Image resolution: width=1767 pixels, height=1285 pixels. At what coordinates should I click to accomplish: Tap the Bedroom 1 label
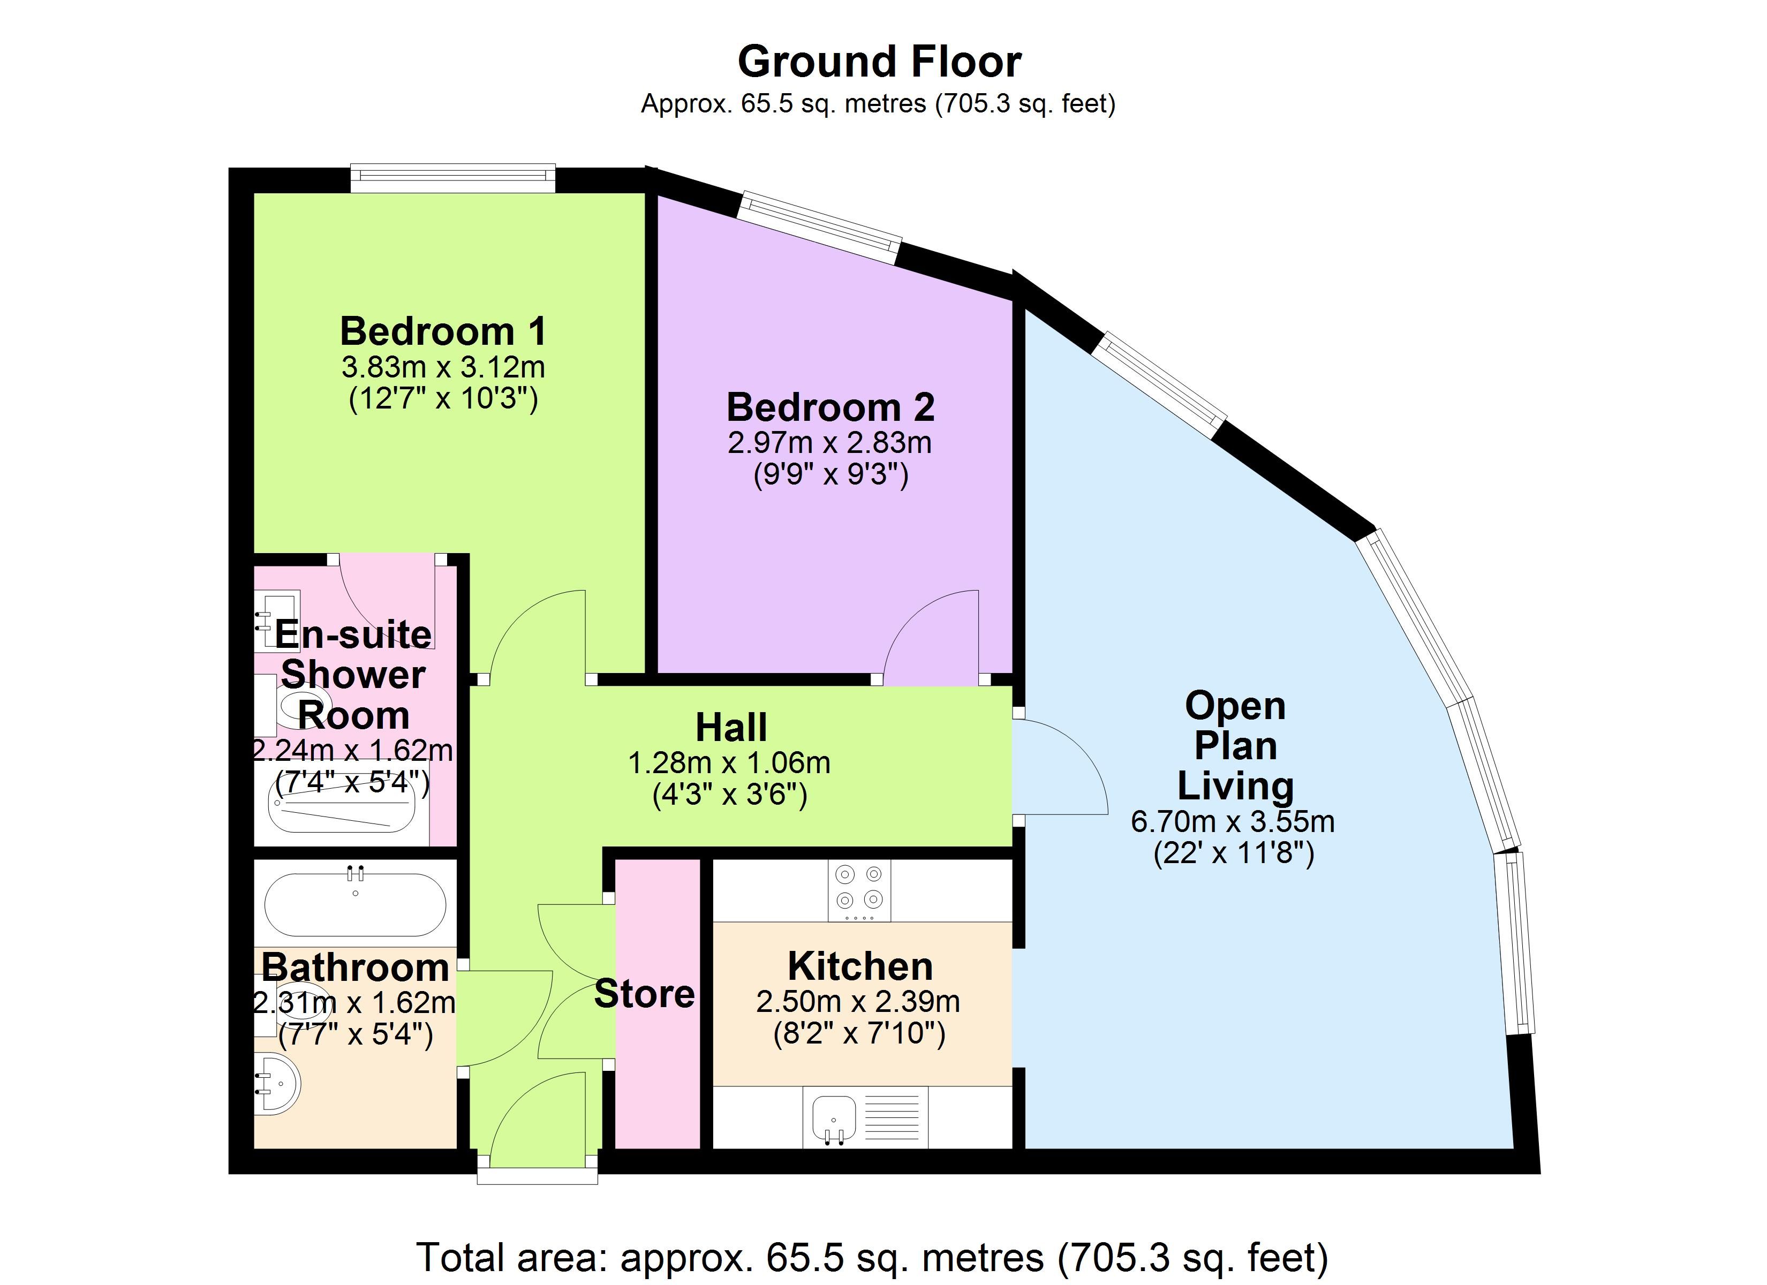click(x=443, y=331)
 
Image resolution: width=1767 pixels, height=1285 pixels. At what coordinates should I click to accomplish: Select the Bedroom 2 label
click(x=830, y=407)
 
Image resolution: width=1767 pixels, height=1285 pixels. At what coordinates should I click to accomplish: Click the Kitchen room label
click(x=860, y=966)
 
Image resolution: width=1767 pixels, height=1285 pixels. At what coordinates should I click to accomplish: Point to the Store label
click(x=644, y=994)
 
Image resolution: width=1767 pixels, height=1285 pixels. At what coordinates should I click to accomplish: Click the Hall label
click(x=731, y=727)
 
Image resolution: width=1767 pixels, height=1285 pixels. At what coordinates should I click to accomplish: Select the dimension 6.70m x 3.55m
click(x=1233, y=821)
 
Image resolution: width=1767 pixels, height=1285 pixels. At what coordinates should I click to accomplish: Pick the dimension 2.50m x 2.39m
click(x=858, y=1001)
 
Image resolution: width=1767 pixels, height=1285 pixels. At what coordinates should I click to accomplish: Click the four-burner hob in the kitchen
click(x=859, y=890)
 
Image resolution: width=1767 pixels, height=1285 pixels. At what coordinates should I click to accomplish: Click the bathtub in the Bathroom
click(x=355, y=903)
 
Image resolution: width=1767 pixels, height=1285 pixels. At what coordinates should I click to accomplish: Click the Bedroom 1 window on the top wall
click(x=452, y=178)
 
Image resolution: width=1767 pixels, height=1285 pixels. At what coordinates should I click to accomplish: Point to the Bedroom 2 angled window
click(x=820, y=227)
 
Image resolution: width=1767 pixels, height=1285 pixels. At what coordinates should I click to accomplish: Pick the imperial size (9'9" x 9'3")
click(x=830, y=474)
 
